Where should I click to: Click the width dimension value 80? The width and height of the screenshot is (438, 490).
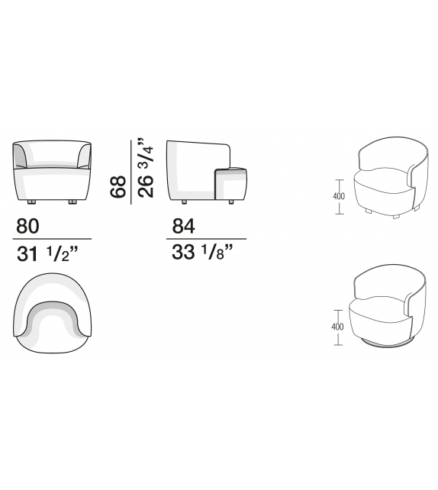pos(27,226)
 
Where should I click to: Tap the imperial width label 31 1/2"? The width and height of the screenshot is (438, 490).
pos(47,253)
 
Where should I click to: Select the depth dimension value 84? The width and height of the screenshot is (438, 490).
pos(183,226)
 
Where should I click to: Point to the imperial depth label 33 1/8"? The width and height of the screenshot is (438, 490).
pos(202,252)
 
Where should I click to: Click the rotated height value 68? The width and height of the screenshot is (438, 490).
pos(118,186)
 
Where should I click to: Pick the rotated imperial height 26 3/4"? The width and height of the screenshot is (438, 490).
pos(146,167)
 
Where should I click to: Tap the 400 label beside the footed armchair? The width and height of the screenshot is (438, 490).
pos(339,196)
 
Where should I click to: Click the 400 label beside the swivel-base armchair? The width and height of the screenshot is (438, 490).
pos(337,327)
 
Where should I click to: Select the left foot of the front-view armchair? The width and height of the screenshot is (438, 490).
pos(31,202)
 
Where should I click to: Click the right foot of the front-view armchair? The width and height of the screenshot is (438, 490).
pos(72,202)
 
